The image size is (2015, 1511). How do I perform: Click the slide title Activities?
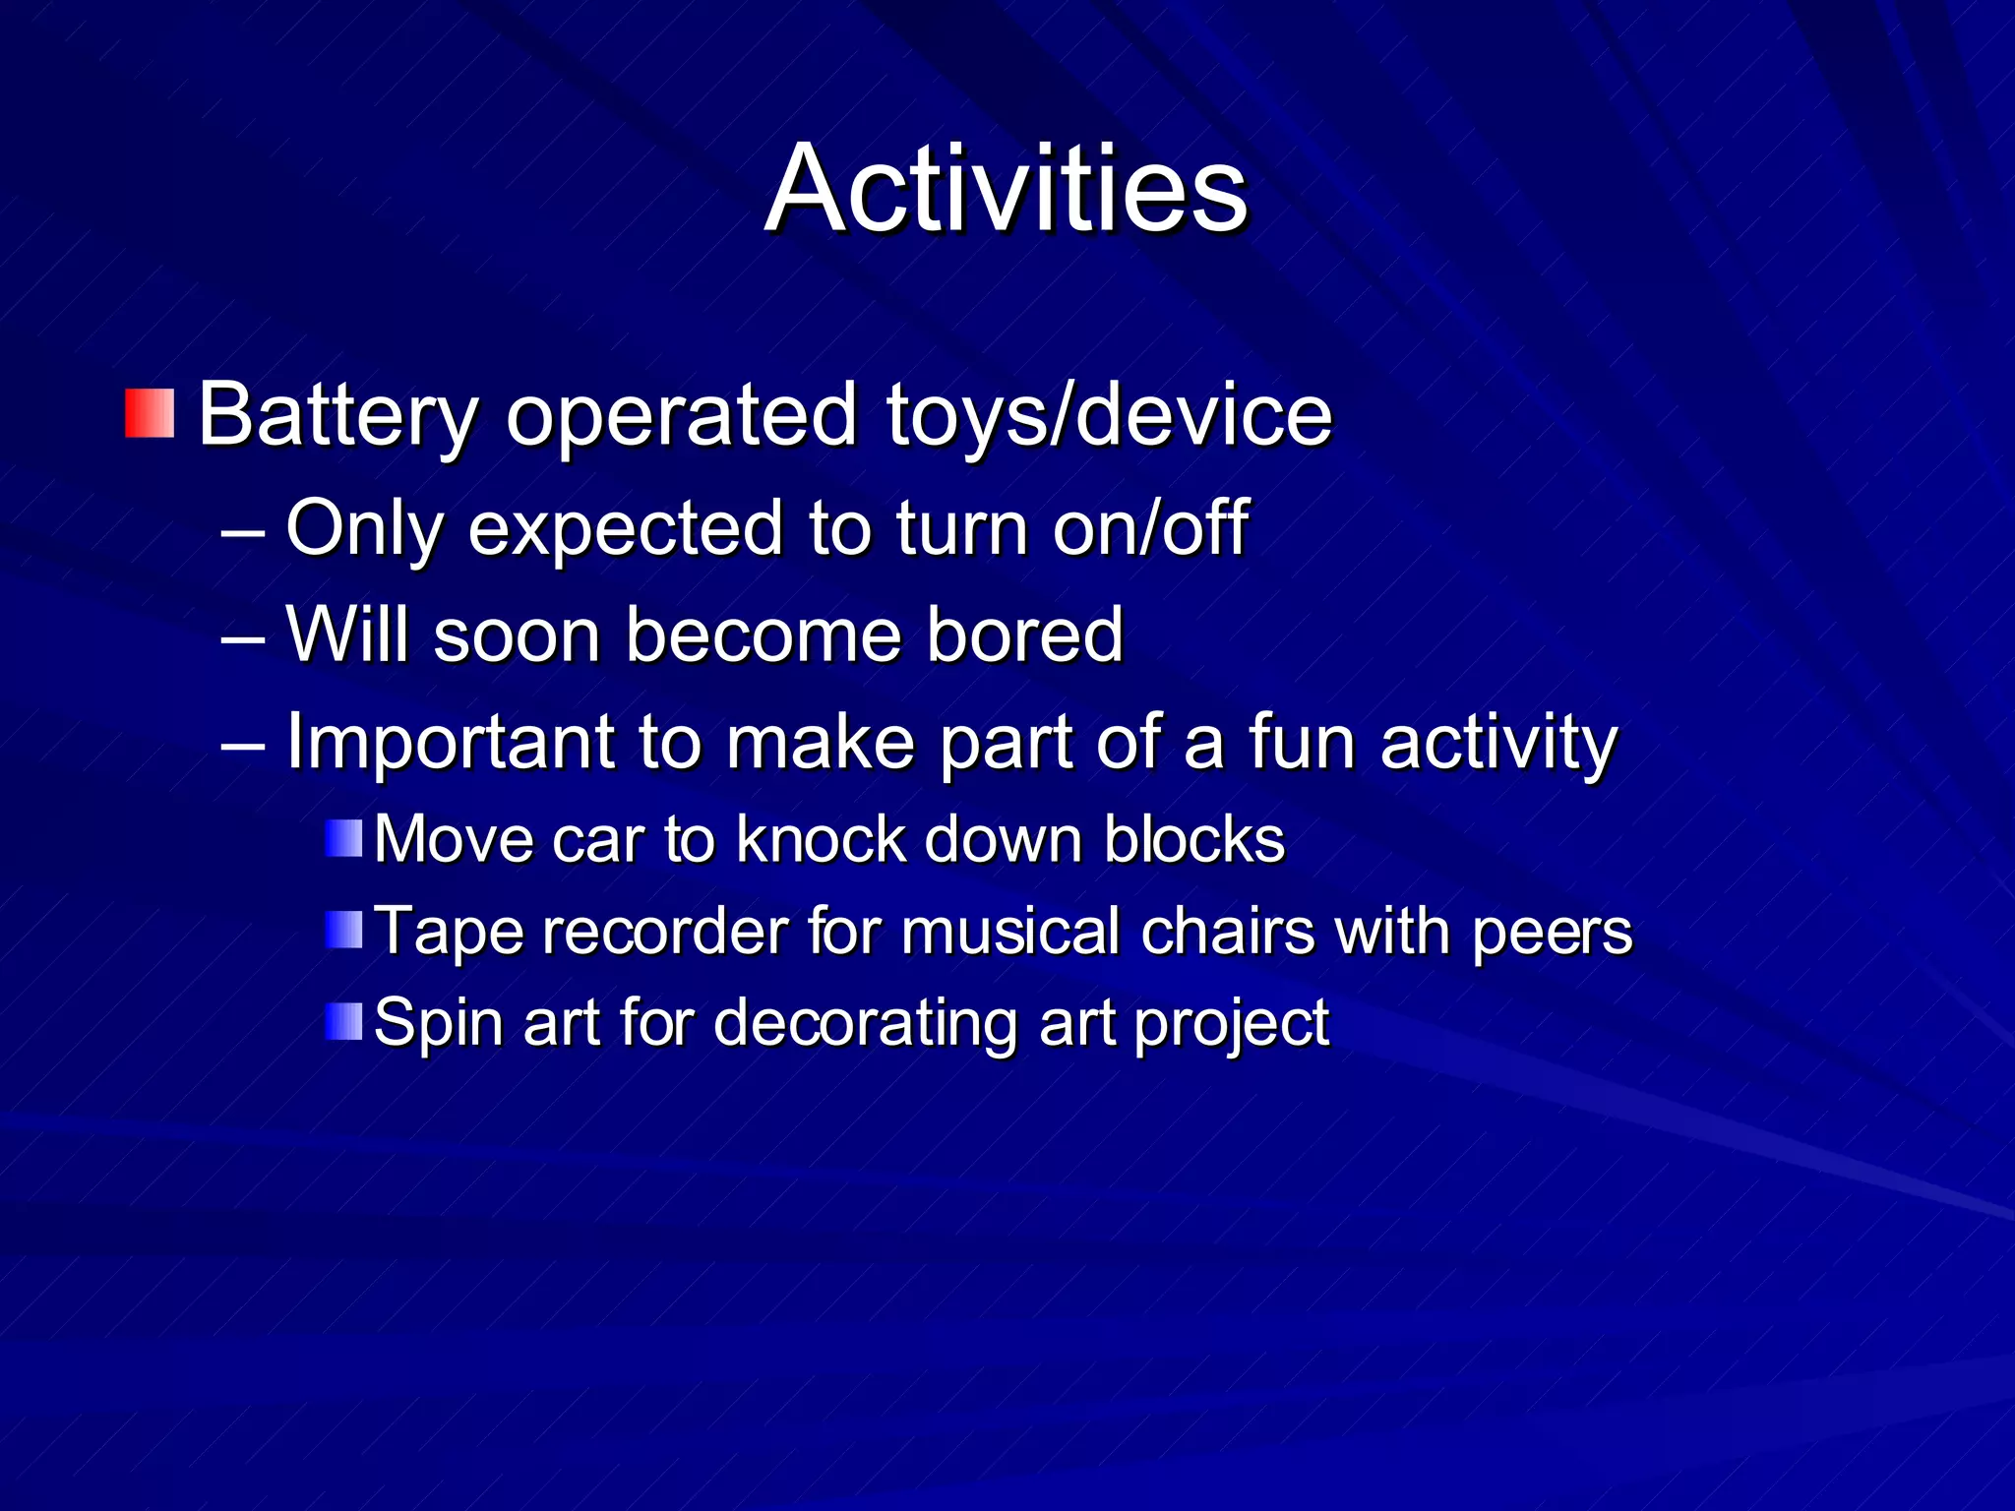[1006, 189]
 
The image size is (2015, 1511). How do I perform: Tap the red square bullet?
[150, 413]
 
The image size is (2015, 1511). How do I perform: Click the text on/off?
[1150, 529]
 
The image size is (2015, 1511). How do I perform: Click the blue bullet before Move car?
[344, 839]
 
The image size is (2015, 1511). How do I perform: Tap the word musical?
[1010, 932]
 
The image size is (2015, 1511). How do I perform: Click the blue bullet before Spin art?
[344, 1021]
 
